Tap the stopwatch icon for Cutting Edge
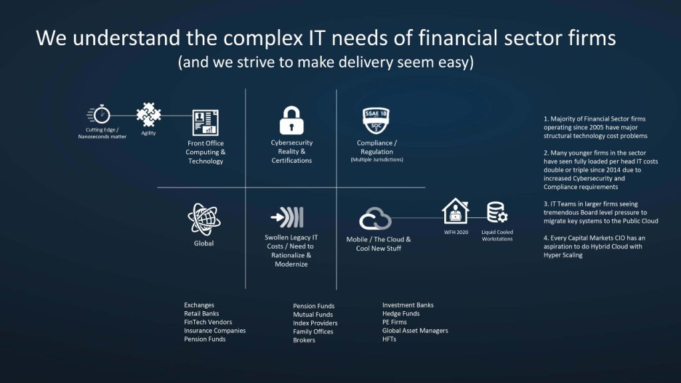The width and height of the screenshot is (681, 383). click(x=99, y=114)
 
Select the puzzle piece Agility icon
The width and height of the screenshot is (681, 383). click(x=148, y=114)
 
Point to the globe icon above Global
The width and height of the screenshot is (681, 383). click(x=204, y=219)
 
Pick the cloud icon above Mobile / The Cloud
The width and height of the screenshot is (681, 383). click(x=375, y=218)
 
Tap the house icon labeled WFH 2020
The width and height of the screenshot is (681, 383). click(x=456, y=211)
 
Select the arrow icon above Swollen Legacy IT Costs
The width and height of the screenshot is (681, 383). click(x=287, y=217)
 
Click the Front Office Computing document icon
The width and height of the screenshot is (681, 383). click(x=205, y=122)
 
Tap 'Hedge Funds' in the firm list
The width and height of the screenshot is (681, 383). click(x=401, y=314)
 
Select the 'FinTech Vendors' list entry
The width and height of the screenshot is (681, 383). click(x=208, y=322)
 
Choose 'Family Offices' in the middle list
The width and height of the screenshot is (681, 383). click(x=313, y=332)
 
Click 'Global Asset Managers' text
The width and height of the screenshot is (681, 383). click(x=415, y=330)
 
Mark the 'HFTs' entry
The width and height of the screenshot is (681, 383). click(x=389, y=339)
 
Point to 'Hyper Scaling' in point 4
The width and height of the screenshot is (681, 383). click(x=563, y=255)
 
